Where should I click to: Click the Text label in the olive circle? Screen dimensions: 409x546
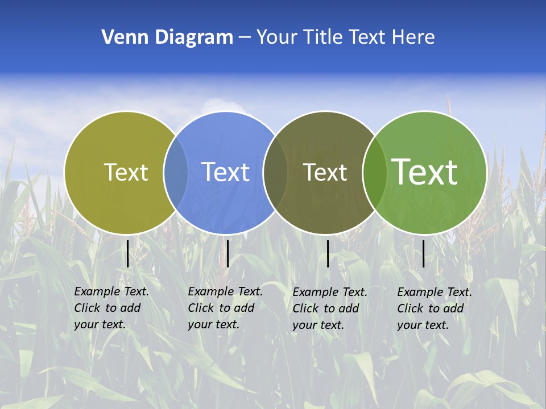click(126, 172)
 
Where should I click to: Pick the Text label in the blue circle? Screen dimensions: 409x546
click(226, 172)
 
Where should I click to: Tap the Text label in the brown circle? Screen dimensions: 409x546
click(325, 172)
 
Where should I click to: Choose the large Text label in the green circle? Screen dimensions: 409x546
click(425, 172)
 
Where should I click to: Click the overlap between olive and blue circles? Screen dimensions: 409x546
click(176, 172)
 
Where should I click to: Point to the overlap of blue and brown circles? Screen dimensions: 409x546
click(275, 172)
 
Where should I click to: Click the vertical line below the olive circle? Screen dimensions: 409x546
click(128, 253)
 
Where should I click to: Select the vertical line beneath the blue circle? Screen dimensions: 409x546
click(227, 253)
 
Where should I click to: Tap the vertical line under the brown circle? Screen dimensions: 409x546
click(328, 253)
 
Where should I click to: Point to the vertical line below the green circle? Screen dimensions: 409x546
click(424, 253)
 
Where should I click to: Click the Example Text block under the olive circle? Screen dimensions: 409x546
click(111, 308)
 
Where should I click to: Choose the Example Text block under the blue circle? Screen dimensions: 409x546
click(225, 308)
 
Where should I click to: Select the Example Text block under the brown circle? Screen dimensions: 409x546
click(330, 308)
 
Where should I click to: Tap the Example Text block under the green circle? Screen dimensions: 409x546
click(435, 308)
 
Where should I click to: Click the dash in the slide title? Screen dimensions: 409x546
click(245, 37)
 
